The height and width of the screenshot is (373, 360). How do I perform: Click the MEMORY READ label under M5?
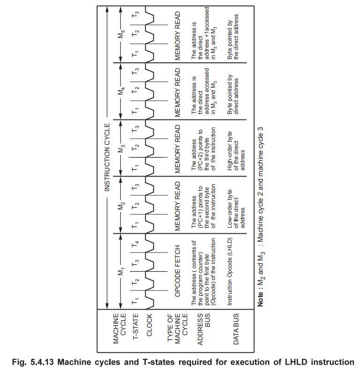(x=178, y=35)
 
